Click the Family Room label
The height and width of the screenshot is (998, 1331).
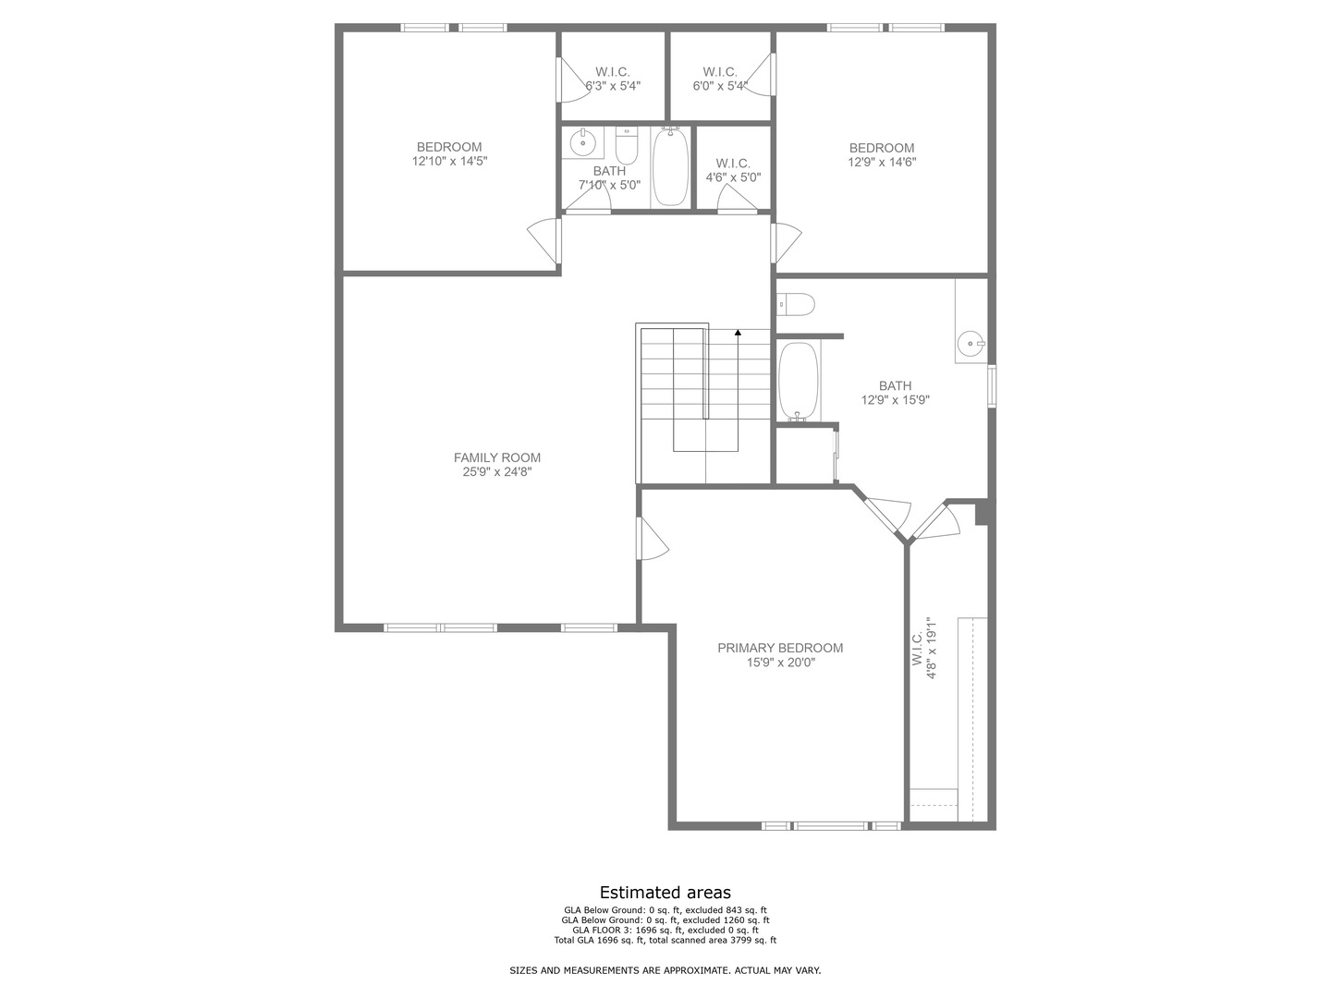pos(497,457)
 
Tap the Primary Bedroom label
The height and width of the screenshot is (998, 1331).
pos(780,648)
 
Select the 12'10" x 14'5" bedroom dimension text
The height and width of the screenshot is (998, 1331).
pos(449,161)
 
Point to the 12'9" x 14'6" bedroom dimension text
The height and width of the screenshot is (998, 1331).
pos(882,162)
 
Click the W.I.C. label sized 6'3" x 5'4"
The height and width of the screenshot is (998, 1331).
pos(612,72)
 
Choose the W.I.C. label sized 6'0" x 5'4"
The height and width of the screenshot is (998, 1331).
pos(719,72)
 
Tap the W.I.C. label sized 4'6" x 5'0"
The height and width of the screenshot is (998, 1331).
pos(732,164)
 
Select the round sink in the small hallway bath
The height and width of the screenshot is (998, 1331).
pos(582,143)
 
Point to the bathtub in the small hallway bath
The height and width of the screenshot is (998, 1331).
pos(670,167)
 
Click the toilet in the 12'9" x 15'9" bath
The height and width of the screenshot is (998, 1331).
pos(796,303)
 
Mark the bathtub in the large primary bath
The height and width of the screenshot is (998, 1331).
pos(798,383)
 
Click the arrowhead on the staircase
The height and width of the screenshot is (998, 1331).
pos(738,332)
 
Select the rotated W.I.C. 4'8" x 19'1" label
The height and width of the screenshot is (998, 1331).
pos(925,649)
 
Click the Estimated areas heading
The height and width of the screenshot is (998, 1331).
pos(665,893)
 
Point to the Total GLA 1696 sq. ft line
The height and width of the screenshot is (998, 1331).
pos(665,941)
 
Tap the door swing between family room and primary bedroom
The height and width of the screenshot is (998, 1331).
pos(652,539)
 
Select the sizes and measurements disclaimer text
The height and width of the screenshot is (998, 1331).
pos(665,970)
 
